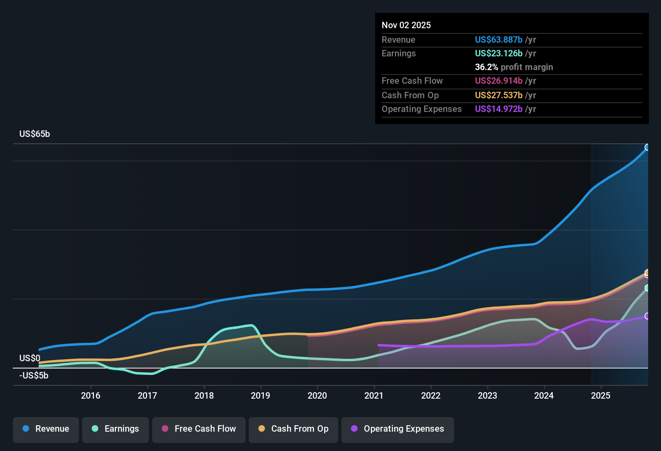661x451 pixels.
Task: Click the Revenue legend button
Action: (46, 429)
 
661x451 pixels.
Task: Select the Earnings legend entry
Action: (116, 429)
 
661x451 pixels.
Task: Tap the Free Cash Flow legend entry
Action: (199, 429)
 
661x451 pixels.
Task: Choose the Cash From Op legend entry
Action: (293, 429)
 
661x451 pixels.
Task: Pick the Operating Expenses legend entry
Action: (398, 429)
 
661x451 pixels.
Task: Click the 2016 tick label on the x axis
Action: (91, 395)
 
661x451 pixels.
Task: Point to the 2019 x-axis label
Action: (260, 395)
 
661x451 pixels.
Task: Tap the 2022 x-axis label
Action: (431, 395)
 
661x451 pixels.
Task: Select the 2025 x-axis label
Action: (601, 395)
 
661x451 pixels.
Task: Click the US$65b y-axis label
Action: (35, 134)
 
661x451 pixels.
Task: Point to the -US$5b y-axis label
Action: (34, 376)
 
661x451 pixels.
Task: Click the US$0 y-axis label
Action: (30, 358)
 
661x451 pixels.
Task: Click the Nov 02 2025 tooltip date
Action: (406, 25)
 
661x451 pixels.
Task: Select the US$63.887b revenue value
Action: (498, 39)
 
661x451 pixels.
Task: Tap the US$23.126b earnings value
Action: (498, 53)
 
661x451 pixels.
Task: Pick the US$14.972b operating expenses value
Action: (498, 109)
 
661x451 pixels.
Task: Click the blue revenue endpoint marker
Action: (647, 147)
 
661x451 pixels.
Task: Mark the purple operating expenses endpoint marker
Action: (647, 316)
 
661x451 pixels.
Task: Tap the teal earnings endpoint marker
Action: (647, 288)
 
